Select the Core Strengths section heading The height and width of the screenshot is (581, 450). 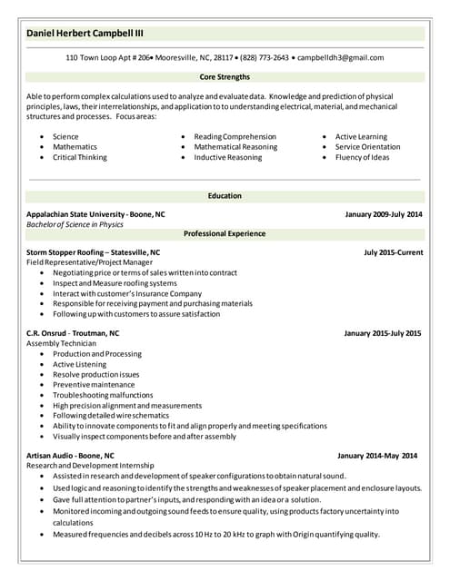click(x=225, y=77)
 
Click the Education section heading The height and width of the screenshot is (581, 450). click(x=225, y=196)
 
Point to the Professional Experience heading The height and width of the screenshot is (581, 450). click(x=225, y=233)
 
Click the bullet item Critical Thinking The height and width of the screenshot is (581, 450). click(x=80, y=157)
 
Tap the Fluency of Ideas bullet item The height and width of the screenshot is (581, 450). click(x=362, y=157)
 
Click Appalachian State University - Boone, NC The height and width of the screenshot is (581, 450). click(x=96, y=214)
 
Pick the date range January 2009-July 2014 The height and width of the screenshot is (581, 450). click(x=384, y=214)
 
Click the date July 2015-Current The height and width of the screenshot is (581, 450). click(x=393, y=252)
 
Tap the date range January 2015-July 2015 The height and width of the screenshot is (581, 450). click(x=383, y=333)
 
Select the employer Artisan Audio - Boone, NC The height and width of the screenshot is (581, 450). click(x=71, y=456)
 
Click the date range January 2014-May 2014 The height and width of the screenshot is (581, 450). click(x=377, y=456)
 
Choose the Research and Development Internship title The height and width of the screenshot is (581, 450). click(x=90, y=466)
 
